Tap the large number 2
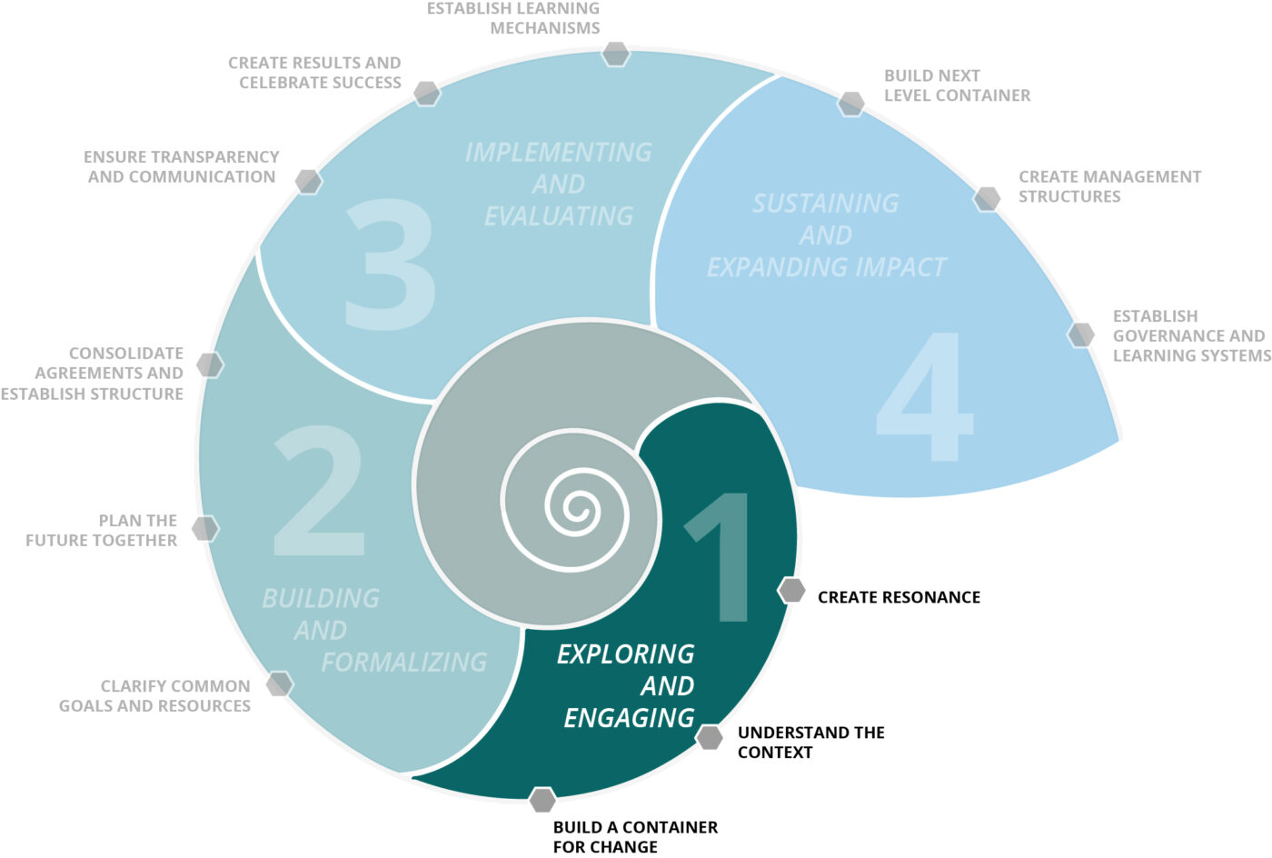click(319, 491)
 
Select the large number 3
click(390, 264)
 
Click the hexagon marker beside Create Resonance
click(792, 591)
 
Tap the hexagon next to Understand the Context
click(710, 737)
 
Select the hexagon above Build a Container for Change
click(542, 800)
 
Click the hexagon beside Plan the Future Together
click(206, 529)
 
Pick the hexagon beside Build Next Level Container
click(851, 104)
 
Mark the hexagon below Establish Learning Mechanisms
click(616, 54)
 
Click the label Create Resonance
click(899, 597)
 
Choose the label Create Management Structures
click(1109, 186)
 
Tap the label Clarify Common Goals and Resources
click(154, 696)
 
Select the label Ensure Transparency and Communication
click(182, 167)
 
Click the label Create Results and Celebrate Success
click(314, 73)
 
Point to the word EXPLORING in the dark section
click(625, 654)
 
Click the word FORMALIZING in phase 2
click(404, 662)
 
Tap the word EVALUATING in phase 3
click(559, 216)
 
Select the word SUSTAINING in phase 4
click(826, 204)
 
